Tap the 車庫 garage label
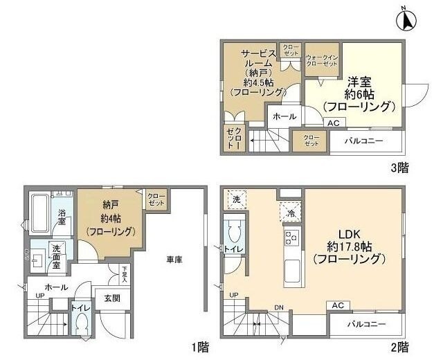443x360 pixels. click(174, 260)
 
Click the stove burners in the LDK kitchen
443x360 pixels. click(289, 239)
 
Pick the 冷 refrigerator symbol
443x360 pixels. click(289, 211)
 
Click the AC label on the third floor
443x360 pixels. click(333, 123)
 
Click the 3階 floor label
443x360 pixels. click(398, 167)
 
